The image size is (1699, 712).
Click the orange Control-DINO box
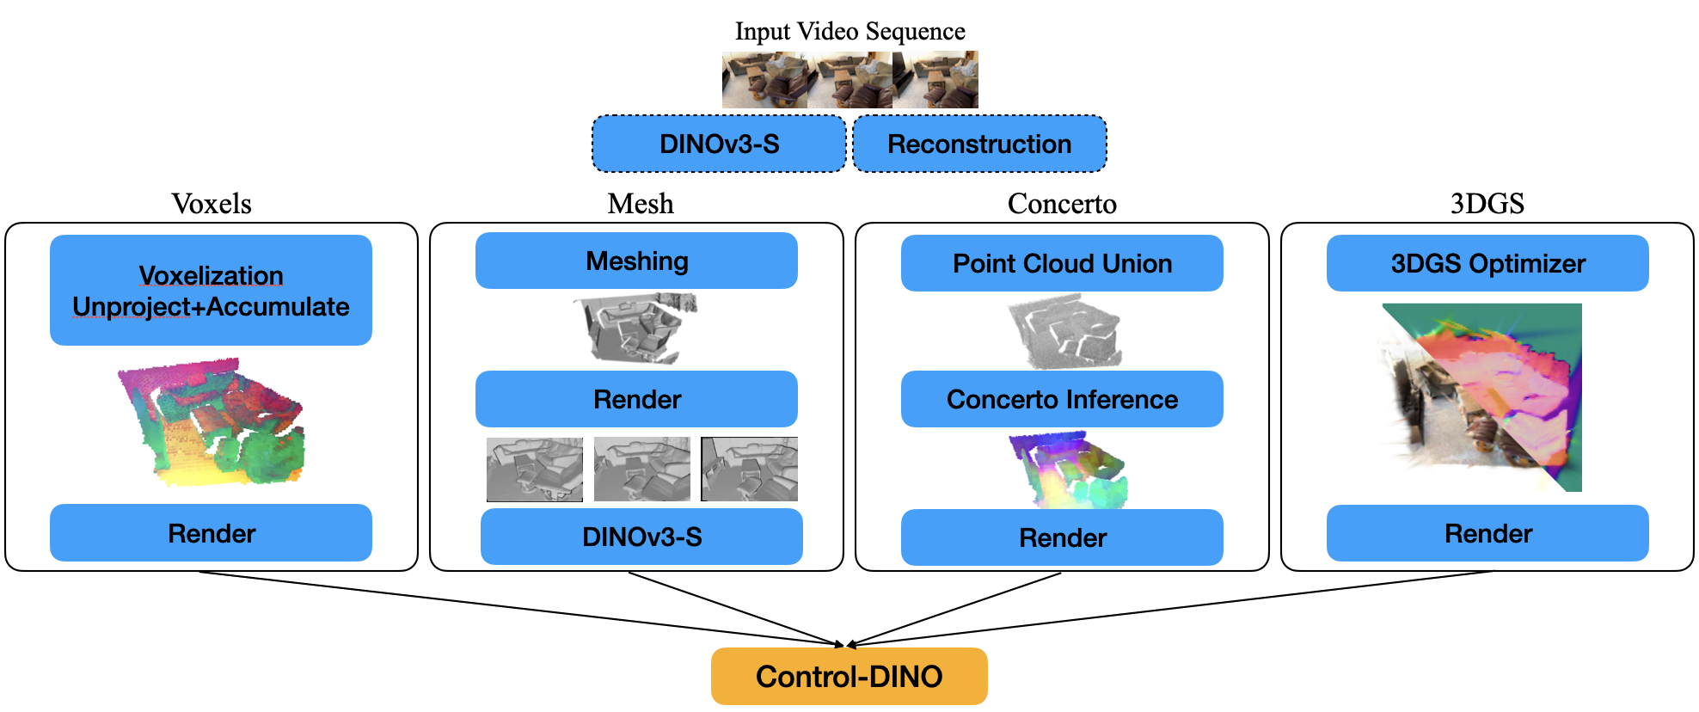[849, 676]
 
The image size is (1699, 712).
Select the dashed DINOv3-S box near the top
[719, 144]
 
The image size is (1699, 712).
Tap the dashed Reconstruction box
[979, 144]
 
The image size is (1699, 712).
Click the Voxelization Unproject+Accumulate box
[211, 290]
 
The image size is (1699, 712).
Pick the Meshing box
[636, 261]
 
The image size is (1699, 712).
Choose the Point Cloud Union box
[1062, 263]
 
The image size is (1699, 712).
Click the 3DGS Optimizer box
[1487, 263]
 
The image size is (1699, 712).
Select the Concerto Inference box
[1062, 399]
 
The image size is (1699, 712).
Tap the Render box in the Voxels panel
[211, 533]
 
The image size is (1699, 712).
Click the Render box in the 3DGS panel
[1487, 533]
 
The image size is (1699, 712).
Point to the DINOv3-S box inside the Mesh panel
[641, 537]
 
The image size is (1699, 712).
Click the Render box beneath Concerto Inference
[1062, 537]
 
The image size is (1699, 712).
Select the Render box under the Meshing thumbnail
[636, 399]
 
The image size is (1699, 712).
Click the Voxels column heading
[212, 204]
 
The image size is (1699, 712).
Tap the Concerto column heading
[1062, 204]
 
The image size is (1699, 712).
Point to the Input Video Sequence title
[849, 31]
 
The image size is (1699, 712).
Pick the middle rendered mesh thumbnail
[641, 469]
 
